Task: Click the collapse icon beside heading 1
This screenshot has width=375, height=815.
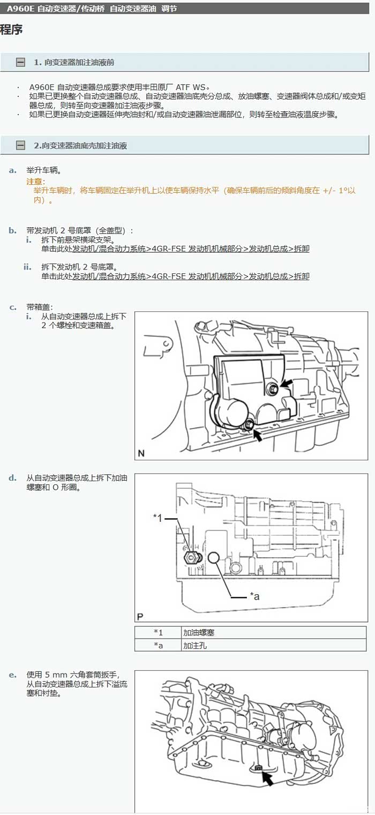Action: click(21, 62)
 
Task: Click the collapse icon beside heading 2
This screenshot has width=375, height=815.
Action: click(21, 146)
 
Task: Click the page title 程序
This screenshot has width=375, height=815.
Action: click(11, 30)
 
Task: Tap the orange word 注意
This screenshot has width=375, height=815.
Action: click(35, 181)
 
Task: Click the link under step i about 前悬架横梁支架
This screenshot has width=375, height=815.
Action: click(191, 249)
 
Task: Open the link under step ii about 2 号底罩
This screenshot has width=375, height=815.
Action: click(191, 276)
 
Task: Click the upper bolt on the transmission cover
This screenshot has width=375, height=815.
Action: click(274, 389)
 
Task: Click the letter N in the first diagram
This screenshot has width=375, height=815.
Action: click(141, 453)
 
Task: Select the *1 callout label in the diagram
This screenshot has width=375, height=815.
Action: click(157, 518)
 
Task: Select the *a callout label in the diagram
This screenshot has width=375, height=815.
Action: click(254, 596)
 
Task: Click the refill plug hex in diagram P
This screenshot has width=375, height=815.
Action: click(192, 557)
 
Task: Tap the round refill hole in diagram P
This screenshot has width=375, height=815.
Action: click(214, 557)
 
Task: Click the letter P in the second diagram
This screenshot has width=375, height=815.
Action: click(140, 617)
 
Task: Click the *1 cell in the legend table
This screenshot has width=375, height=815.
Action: click(158, 633)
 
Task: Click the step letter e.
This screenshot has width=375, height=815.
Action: click(13, 676)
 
